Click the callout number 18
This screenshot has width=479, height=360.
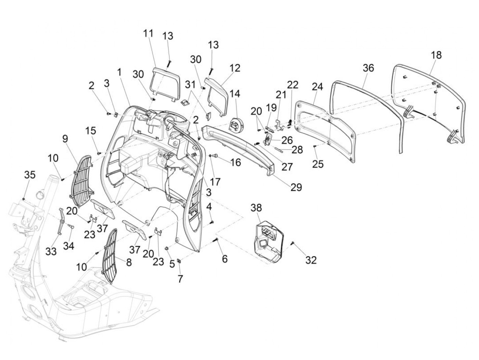point(436,55)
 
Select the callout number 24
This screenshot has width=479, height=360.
point(318,87)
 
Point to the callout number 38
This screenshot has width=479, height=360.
point(256,208)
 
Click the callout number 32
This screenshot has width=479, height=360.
point(311,260)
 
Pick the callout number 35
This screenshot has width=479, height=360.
point(30,175)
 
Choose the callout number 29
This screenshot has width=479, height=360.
point(296,187)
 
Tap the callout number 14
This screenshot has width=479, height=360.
point(235,94)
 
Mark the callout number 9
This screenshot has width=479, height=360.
point(65,139)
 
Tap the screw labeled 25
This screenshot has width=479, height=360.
point(315,146)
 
